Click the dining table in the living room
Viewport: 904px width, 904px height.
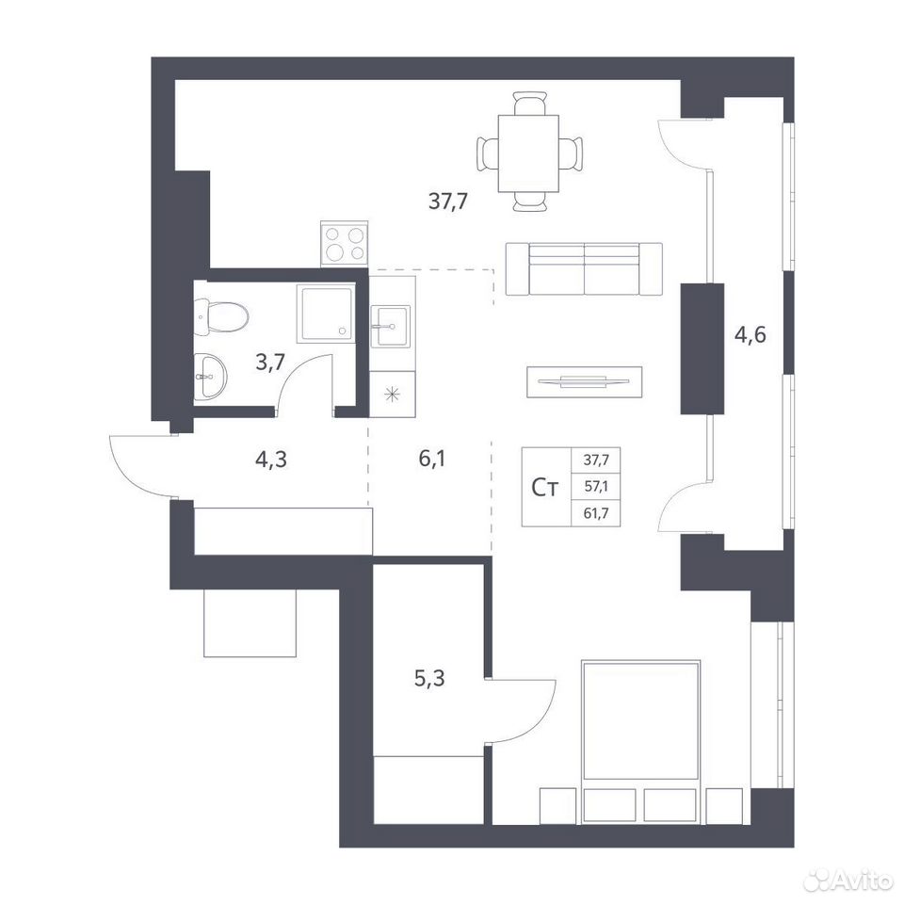pos(528,153)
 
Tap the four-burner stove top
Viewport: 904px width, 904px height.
pos(345,244)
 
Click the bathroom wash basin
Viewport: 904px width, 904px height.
pos(210,377)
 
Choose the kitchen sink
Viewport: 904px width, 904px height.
pos(390,327)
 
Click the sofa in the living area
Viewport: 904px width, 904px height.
pos(584,268)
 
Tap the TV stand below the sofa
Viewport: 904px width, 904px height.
pos(584,381)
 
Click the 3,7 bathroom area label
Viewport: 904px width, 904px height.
pos(270,363)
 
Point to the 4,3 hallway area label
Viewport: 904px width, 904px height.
pos(270,460)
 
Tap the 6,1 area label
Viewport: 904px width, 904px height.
pos(432,459)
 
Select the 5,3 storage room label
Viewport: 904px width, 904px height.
pos(429,679)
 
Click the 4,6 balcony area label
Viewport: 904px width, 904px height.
pos(751,333)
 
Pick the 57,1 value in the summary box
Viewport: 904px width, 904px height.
pos(596,486)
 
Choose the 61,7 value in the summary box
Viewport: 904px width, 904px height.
pos(596,512)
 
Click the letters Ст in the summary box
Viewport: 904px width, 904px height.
pos(545,488)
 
